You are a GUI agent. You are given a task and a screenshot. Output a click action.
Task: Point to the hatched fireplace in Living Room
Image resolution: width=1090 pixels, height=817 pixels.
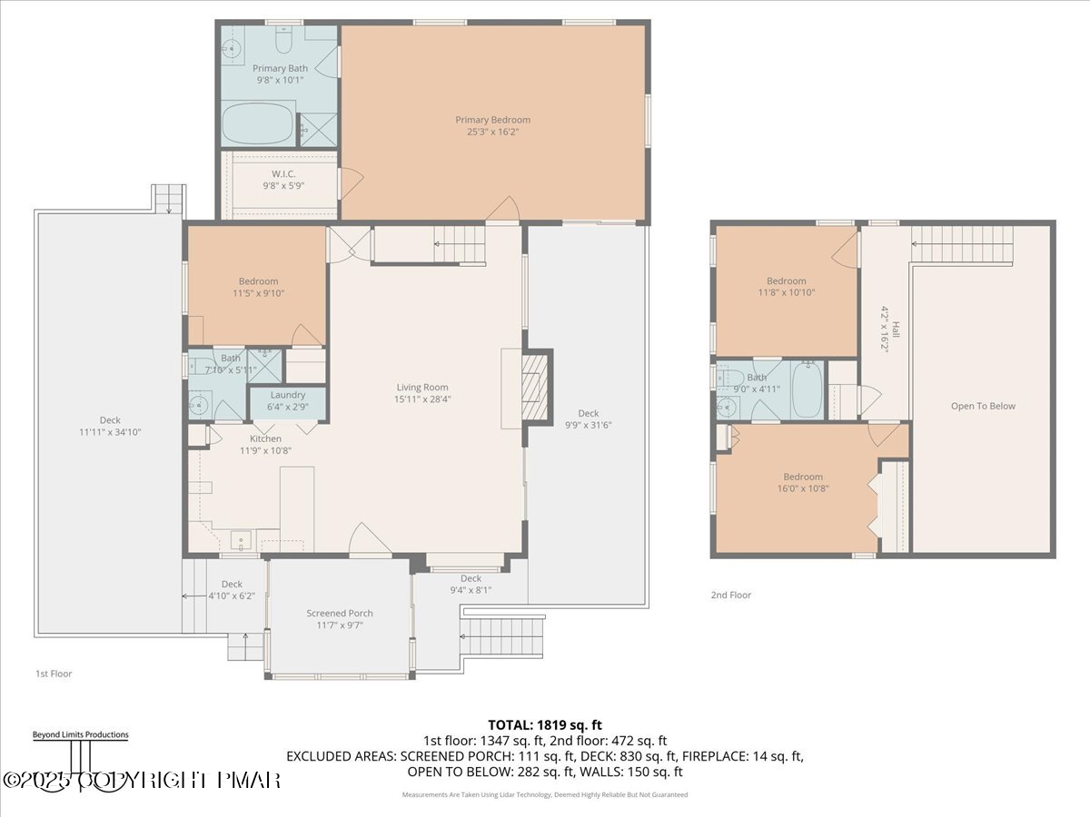534,389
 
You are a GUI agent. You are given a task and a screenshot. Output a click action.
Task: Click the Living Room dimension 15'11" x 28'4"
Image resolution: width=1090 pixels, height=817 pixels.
422,399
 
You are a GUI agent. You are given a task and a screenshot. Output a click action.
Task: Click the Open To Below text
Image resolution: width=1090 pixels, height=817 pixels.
983,406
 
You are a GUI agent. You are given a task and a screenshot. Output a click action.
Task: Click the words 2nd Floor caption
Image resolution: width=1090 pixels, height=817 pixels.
731,596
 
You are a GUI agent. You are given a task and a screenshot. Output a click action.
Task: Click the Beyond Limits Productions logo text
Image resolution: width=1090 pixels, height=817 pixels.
80,734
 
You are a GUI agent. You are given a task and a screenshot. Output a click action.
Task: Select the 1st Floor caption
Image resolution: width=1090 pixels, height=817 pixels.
54,674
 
